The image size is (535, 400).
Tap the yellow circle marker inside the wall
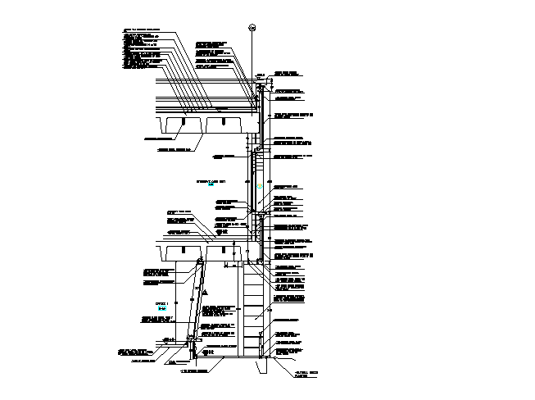(259, 188)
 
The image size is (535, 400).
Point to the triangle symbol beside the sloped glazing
(207, 293)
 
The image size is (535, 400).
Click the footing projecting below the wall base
(263, 366)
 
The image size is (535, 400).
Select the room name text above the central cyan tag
(211, 180)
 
